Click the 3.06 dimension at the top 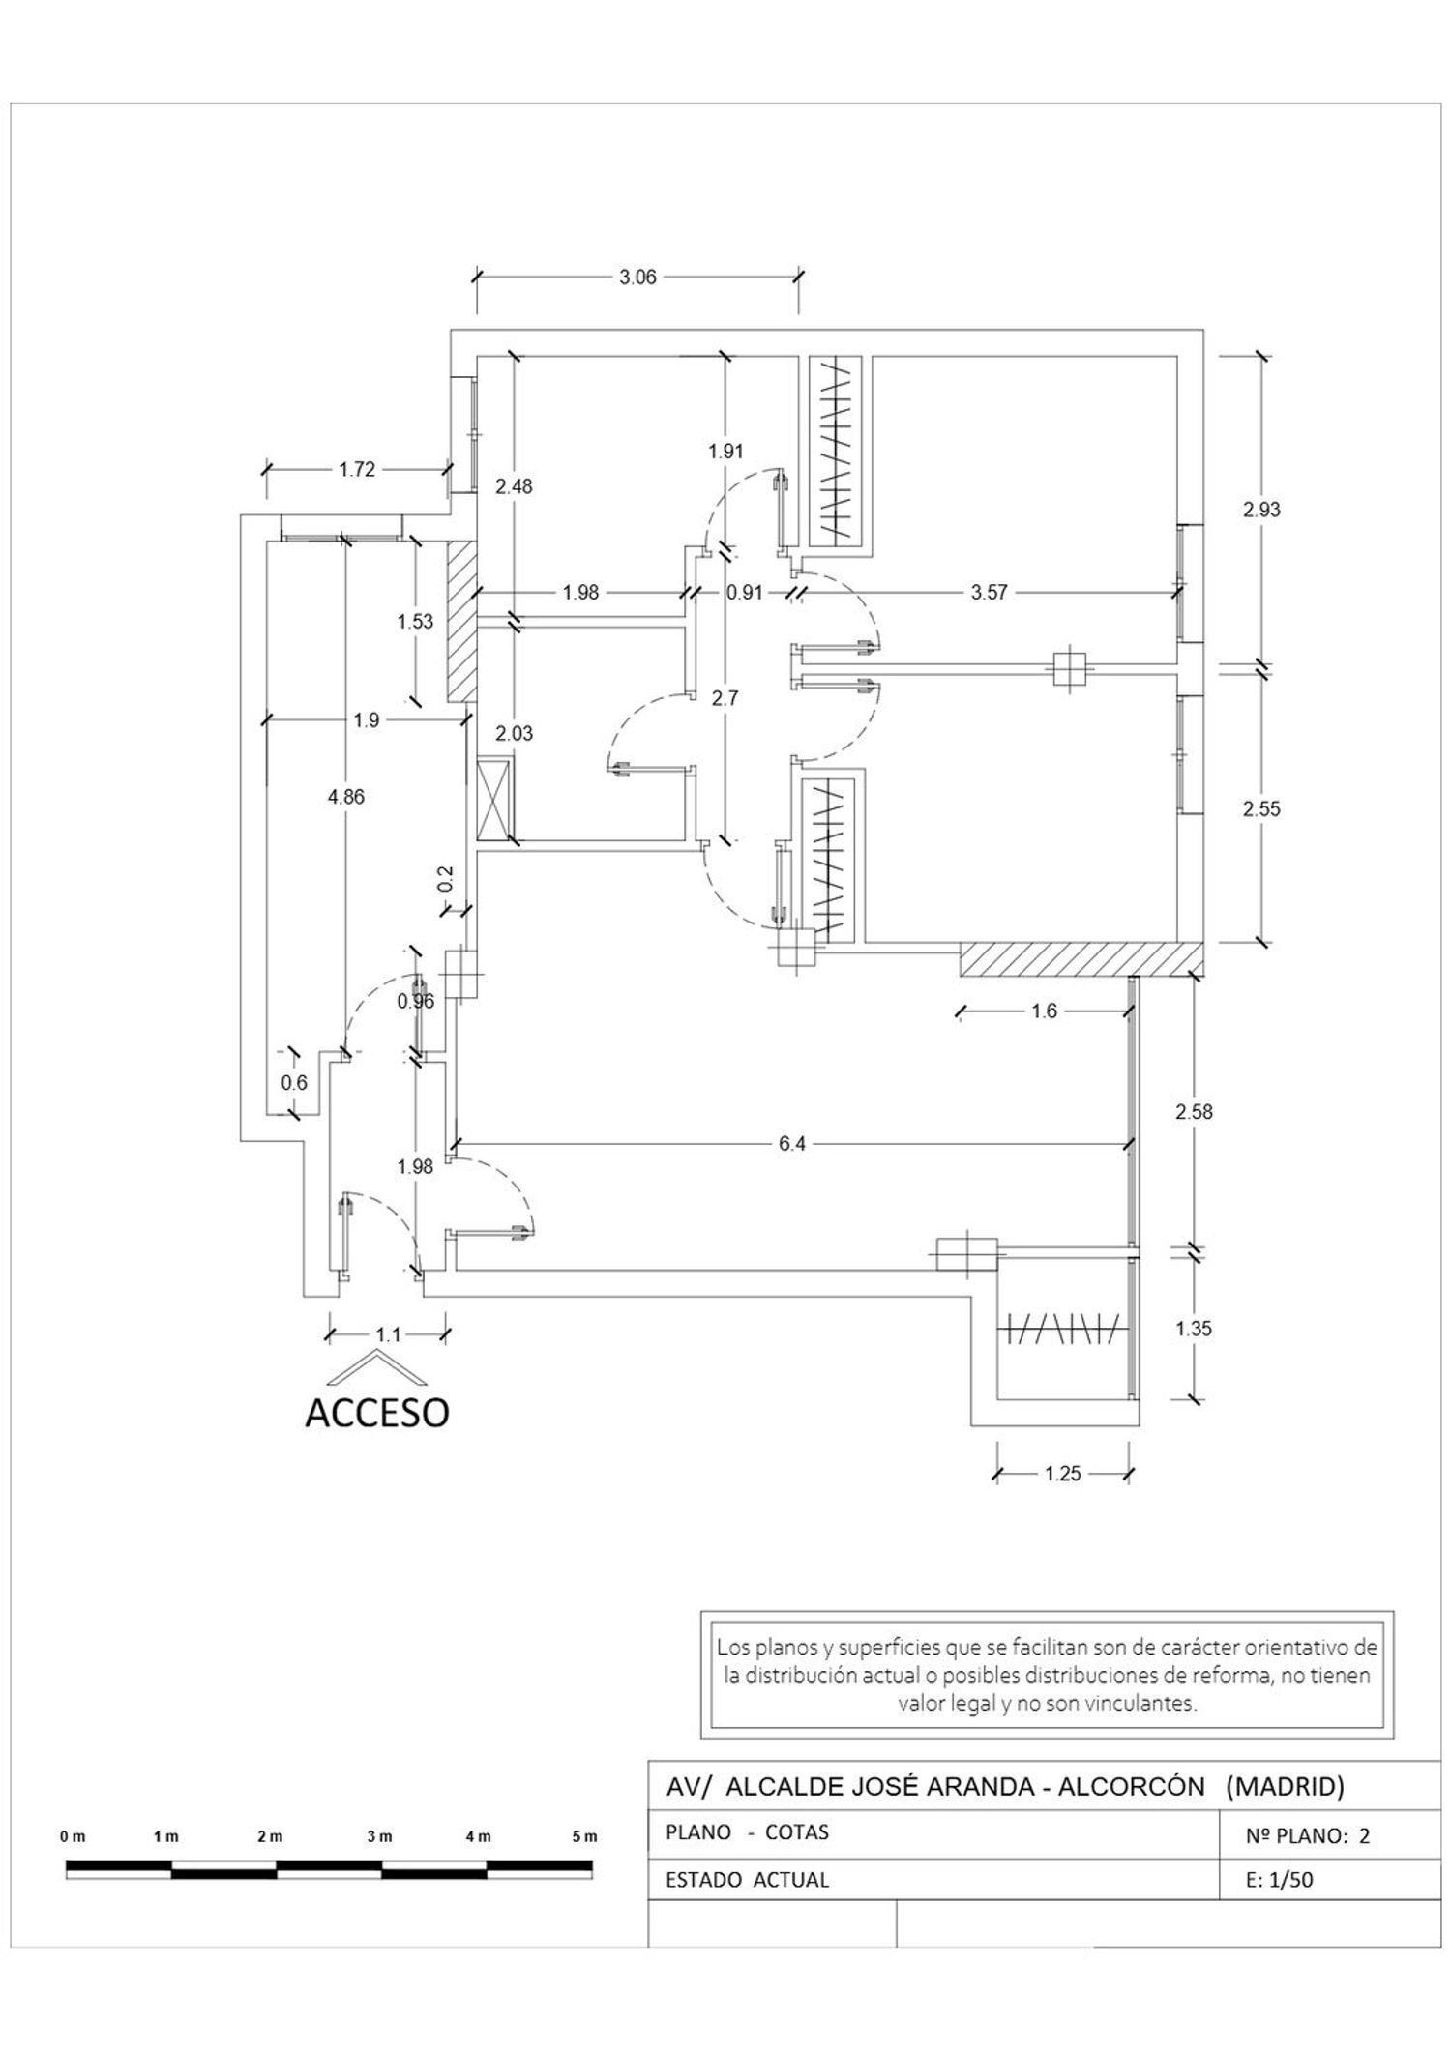click(x=637, y=278)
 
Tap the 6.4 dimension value click(x=791, y=1144)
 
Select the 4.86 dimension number click(x=346, y=797)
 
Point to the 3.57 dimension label click(x=990, y=592)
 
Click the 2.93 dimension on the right click(x=1261, y=509)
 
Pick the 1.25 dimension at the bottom click(x=1062, y=1474)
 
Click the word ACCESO click(x=377, y=1413)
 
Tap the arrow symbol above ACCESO click(x=375, y=1366)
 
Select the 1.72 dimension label click(x=356, y=470)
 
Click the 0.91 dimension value click(x=745, y=592)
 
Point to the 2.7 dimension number click(x=725, y=697)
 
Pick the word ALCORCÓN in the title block click(x=1131, y=1786)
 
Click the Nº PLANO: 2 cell click(x=1308, y=1836)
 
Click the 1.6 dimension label click(x=1045, y=1011)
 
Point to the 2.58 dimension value click(x=1194, y=1112)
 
